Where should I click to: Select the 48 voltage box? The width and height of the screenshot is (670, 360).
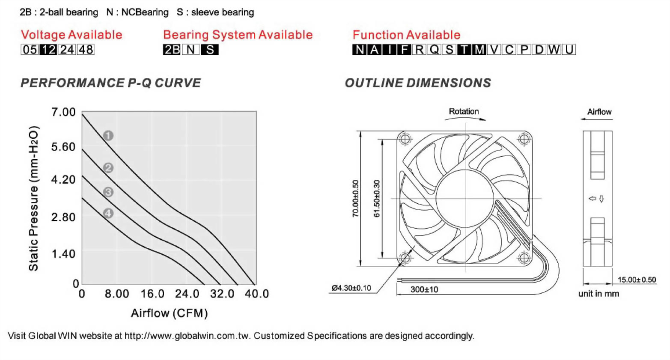(x=86, y=50)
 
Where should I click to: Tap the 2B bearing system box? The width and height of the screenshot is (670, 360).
(x=171, y=50)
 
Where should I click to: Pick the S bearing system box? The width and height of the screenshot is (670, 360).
(x=210, y=50)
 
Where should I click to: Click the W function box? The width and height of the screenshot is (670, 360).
(x=554, y=50)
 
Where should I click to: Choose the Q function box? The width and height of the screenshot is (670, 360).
(x=434, y=50)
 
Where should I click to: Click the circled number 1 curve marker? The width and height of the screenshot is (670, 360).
(x=108, y=136)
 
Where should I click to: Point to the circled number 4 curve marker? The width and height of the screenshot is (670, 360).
(x=108, y=214)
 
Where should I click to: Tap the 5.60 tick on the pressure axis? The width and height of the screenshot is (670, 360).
(x=63, y=147)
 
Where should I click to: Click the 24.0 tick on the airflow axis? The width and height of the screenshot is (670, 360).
(x=187, y=294)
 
